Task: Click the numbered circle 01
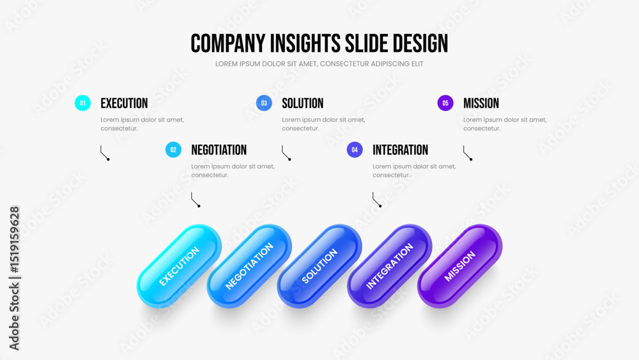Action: point(82,103)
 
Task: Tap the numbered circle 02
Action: point(173,150)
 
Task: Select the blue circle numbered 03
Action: point(264,103)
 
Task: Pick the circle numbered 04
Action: point(355,150)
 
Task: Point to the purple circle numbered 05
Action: point(445,103)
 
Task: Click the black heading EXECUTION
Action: point(125,103)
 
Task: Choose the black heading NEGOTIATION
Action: point(219,150)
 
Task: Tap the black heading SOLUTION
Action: point(303,103)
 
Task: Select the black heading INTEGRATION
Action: point(400,150)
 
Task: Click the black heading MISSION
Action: point(481,103)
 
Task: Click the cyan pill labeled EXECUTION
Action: point(180,266)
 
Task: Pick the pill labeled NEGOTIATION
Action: point(249,266)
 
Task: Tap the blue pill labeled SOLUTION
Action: point(319,266)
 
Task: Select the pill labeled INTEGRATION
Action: point(390,266)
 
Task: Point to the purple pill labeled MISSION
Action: point(459,266)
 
